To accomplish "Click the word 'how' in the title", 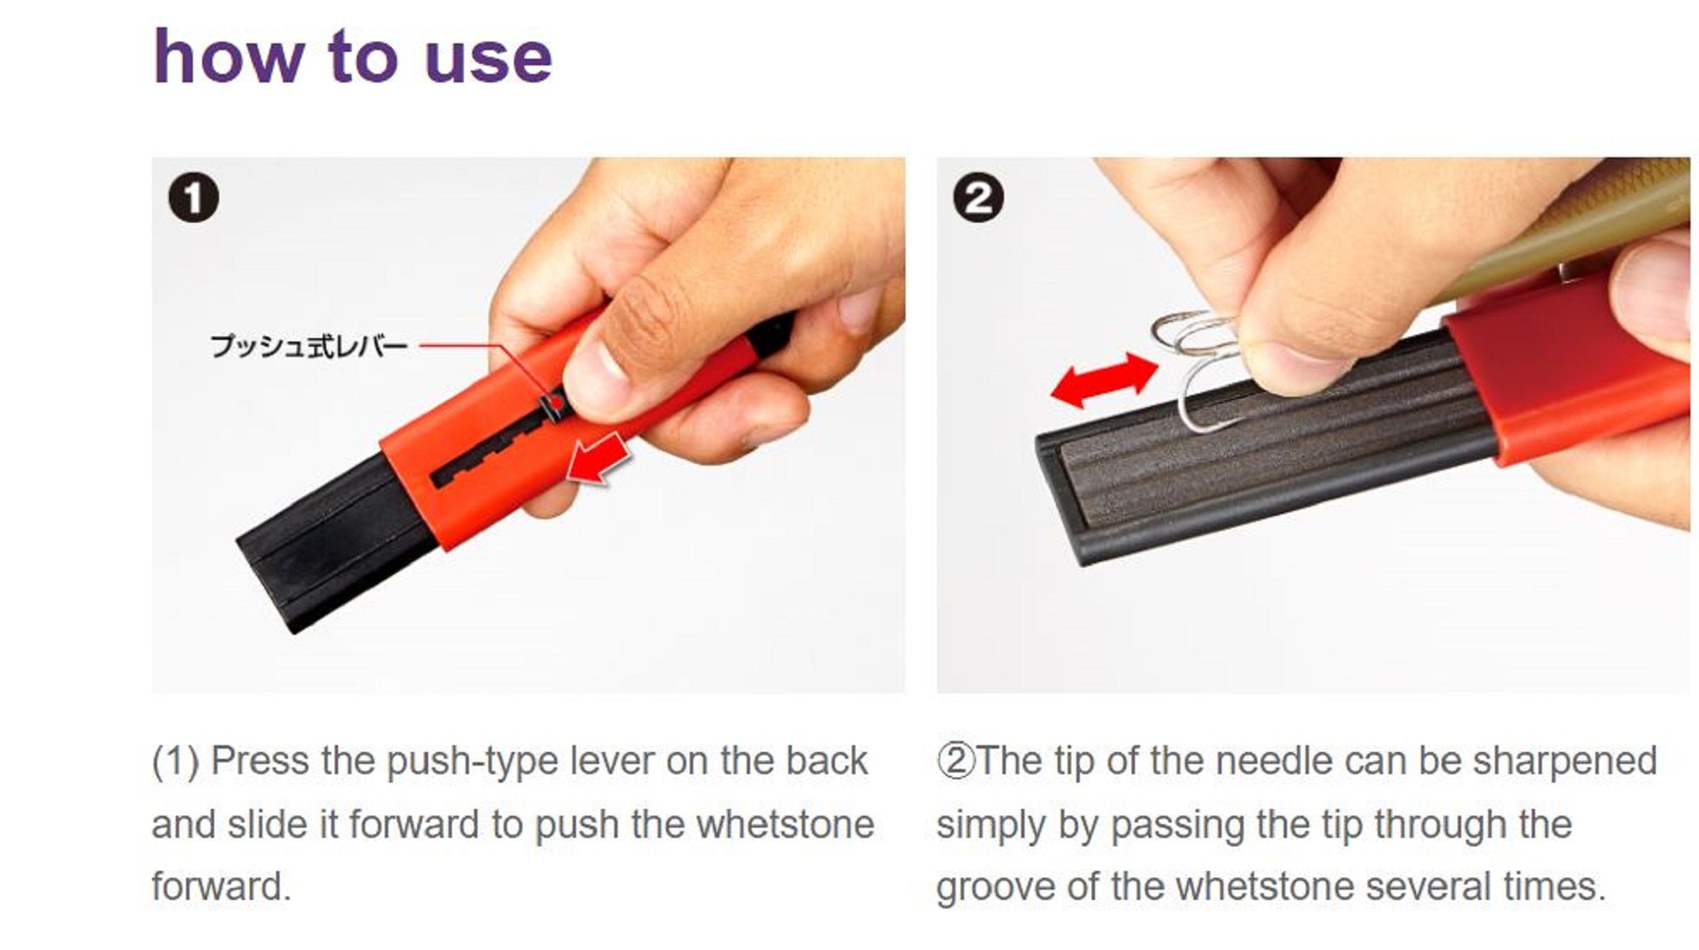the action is point(229,57).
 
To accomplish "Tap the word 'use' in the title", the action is point(488,61).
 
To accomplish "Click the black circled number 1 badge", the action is point(194,198).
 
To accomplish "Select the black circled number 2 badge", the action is point(979,198).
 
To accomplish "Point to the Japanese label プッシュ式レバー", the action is point(309,346).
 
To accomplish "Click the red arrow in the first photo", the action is point(598,459).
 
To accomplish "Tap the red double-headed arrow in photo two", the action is point(1104,380).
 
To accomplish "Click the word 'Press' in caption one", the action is point(259,761).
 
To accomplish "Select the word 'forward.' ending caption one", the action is point(221,887).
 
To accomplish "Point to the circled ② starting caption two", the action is point(956,761).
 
